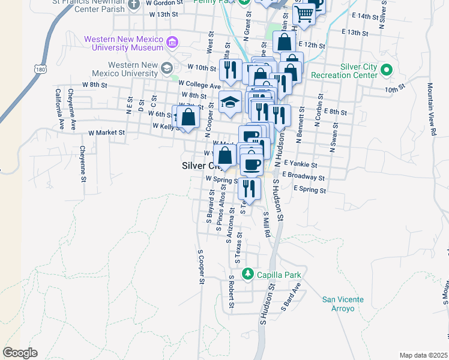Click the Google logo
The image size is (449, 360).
[x=20, y=353]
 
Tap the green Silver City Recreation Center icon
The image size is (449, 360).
[x=386, y=70]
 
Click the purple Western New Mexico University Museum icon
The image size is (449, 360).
[x=173, y=42]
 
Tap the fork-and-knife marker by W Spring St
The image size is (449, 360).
[x=249, y=188]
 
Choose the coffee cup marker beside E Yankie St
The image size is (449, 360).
[x=252, y=163]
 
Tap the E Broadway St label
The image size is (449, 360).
[x=305, y=178]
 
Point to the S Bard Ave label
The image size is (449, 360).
[x=291, y=296]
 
